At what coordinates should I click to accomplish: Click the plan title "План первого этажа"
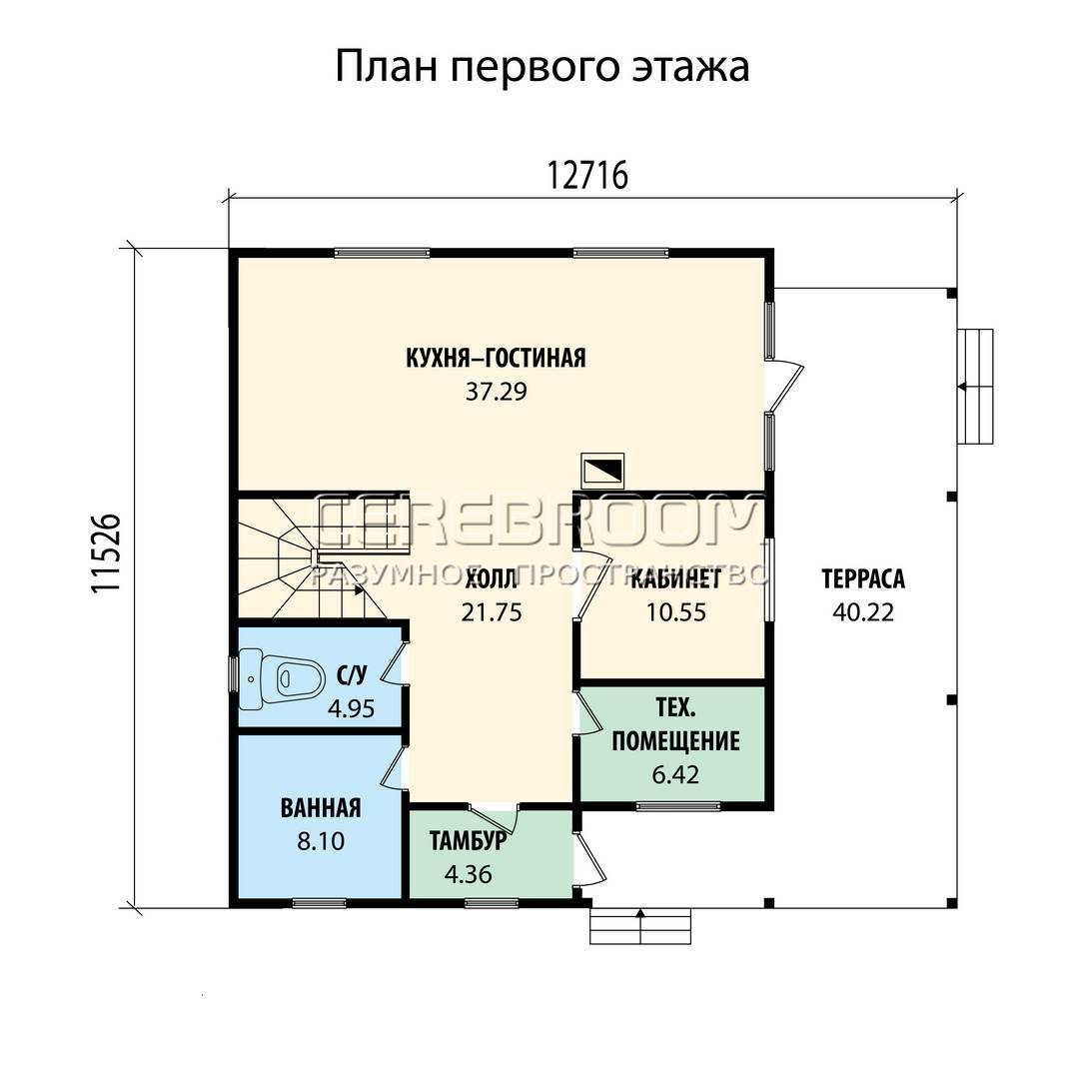[541, 68]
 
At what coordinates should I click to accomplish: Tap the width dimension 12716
[587, 176]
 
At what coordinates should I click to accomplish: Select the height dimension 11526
[106, 553]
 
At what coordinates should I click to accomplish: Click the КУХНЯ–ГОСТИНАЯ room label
[496, 359]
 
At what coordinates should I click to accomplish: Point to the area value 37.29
[496, 392]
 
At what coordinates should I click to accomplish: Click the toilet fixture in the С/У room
[281, 679]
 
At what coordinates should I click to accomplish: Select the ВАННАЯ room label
[321, 808]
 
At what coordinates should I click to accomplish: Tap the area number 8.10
[321, 841]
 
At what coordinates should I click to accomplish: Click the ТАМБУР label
[468, 841]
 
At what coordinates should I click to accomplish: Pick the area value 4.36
[468, 874]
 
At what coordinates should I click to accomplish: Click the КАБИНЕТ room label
[676, 579]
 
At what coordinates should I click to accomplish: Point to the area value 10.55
[675, 612]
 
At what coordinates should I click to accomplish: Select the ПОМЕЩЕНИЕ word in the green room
[675, 741]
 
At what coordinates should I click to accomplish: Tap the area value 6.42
[675, 775]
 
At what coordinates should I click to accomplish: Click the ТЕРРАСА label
[863, 579]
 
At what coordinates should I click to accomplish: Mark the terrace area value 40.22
[863, 612]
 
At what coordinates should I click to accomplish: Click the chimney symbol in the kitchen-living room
[602, 471]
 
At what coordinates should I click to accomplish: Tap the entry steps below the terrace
[640, 925]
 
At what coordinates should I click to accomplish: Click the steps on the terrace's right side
[975, 387]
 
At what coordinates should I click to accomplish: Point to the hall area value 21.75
[492, 612]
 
